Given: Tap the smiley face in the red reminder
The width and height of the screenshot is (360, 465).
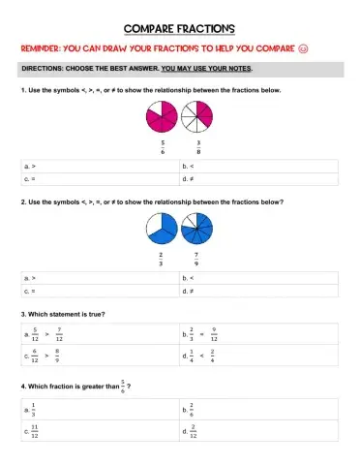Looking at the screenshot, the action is point(329,47).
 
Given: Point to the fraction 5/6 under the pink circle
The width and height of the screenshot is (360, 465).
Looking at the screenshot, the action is point(162,147).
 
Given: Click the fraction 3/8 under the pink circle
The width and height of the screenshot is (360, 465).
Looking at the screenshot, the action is point(197,147).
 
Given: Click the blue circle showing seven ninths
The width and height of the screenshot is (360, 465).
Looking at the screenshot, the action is point(198,230).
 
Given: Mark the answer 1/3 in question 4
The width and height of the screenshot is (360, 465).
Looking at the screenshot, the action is point(35,409).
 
